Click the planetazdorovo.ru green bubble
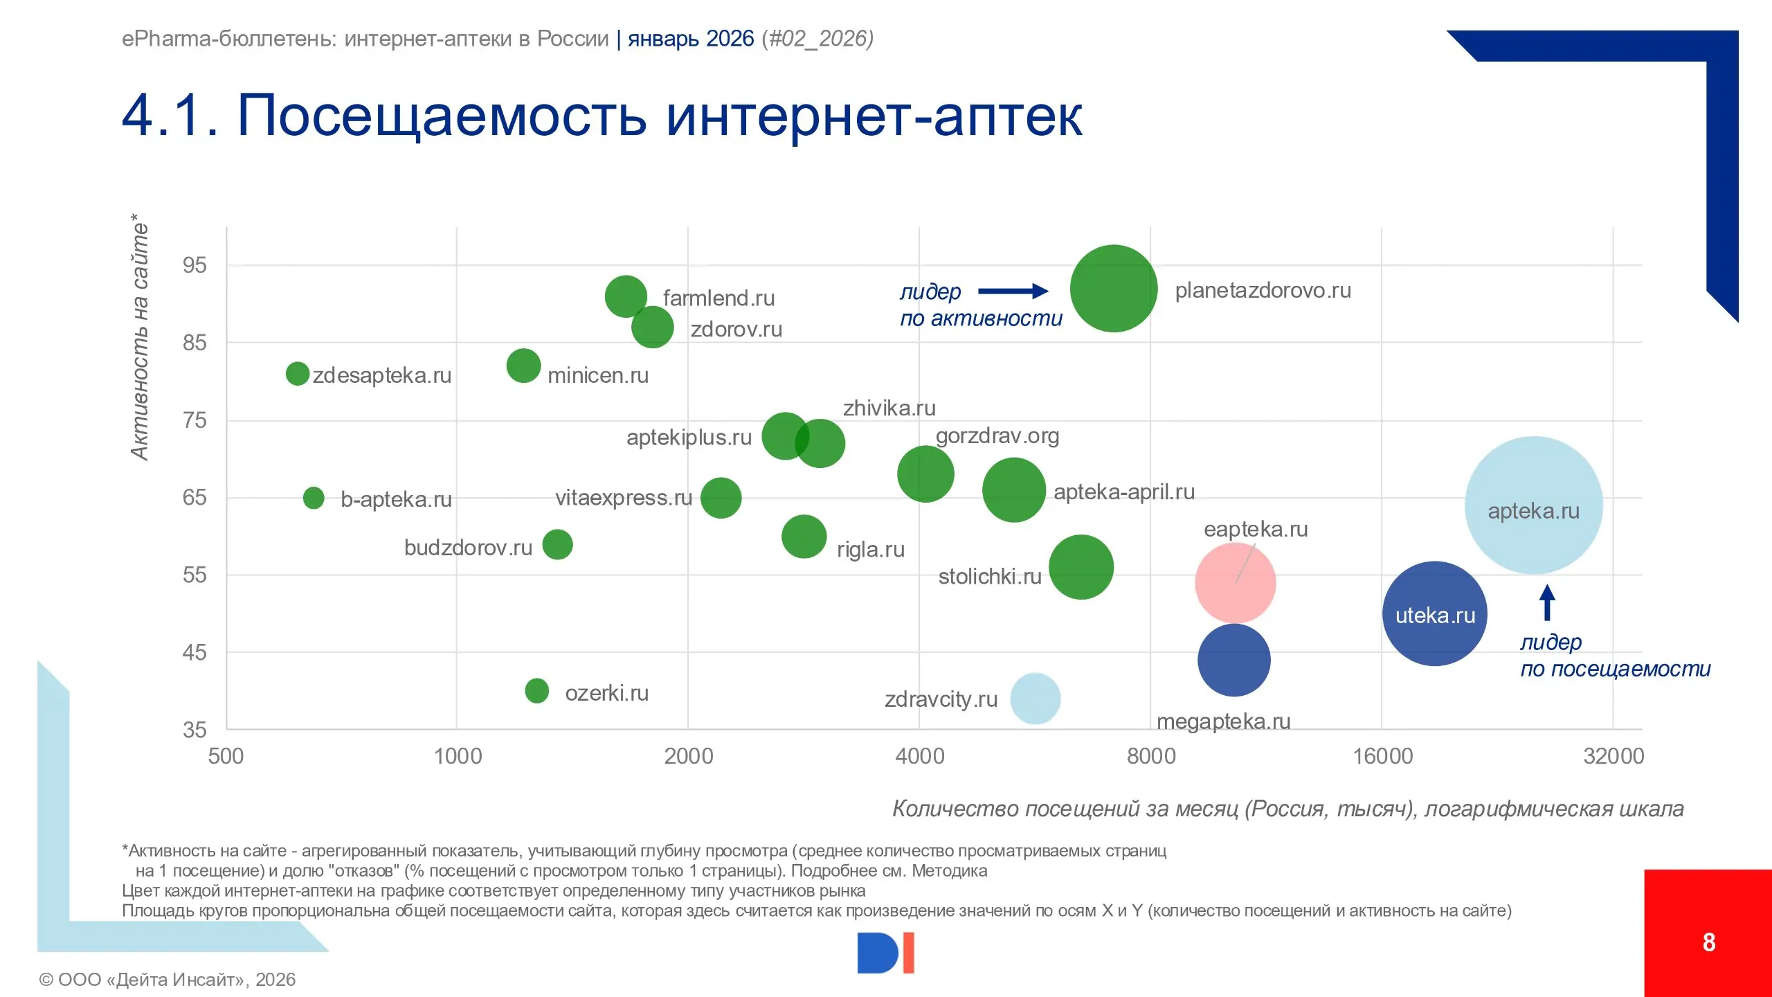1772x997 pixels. (1113, 289)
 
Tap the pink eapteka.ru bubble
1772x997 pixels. (1235, 583)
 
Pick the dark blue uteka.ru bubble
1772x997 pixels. (1434, 613)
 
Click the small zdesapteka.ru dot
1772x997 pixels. (298, 374)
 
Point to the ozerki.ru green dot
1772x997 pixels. (536, 690)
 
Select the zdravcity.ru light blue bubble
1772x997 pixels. (1035, 699)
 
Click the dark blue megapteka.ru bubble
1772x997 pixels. (1233, 660)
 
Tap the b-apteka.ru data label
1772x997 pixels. (396, 499)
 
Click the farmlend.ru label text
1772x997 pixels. (718, 298)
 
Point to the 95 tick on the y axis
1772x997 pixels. (195, 265)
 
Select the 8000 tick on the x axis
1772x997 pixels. (1150, 756)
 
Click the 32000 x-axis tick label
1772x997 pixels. (1613, 756)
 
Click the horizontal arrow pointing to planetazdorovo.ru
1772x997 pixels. (1013, 291)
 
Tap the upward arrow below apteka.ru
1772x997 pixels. (1547, 602)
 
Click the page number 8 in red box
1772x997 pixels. (1708, 942)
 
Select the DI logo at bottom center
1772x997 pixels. (885, 953)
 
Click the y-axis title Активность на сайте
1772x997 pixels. (139, 336)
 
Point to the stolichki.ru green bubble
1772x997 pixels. (1081, 567)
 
